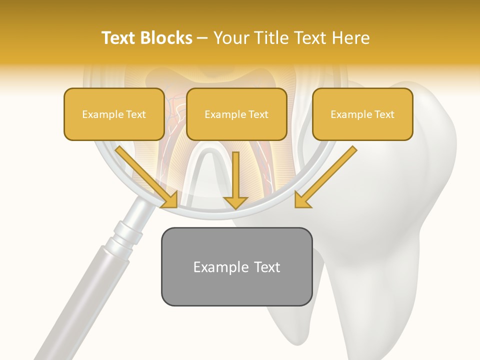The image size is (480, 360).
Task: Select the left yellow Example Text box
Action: tap(114, 114)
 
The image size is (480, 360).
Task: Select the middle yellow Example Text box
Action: tap(236, 114)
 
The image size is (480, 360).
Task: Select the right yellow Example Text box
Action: tap(362, 114)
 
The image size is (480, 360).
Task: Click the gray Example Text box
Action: tap(236, 266)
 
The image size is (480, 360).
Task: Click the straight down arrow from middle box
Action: tap(235, 180)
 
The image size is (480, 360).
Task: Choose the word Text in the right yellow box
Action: tap(383, 114)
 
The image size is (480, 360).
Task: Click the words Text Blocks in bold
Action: tap(146, 38)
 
